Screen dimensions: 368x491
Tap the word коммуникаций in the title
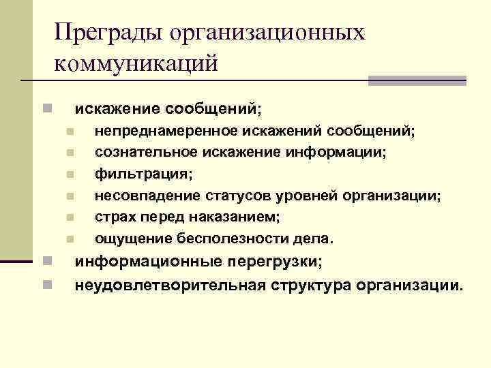136,64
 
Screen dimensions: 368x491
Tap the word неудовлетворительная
170,283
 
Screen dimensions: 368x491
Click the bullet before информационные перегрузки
45,261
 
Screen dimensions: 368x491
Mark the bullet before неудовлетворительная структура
45,283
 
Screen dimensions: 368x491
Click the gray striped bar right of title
417,80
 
